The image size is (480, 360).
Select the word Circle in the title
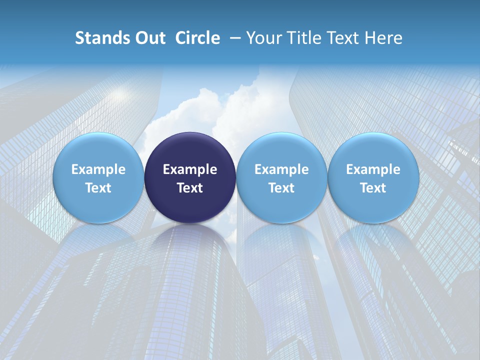point(197,38)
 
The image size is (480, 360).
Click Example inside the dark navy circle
point(190,169)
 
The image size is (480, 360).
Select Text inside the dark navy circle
point(190,188)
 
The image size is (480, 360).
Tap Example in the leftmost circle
point(98,169)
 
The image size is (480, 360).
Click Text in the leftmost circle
point(98,188)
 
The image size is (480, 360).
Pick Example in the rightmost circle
point(373,169)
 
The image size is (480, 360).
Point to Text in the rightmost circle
point(373,188)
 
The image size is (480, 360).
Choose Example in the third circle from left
point(281,169)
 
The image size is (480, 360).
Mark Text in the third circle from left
point(281,188)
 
